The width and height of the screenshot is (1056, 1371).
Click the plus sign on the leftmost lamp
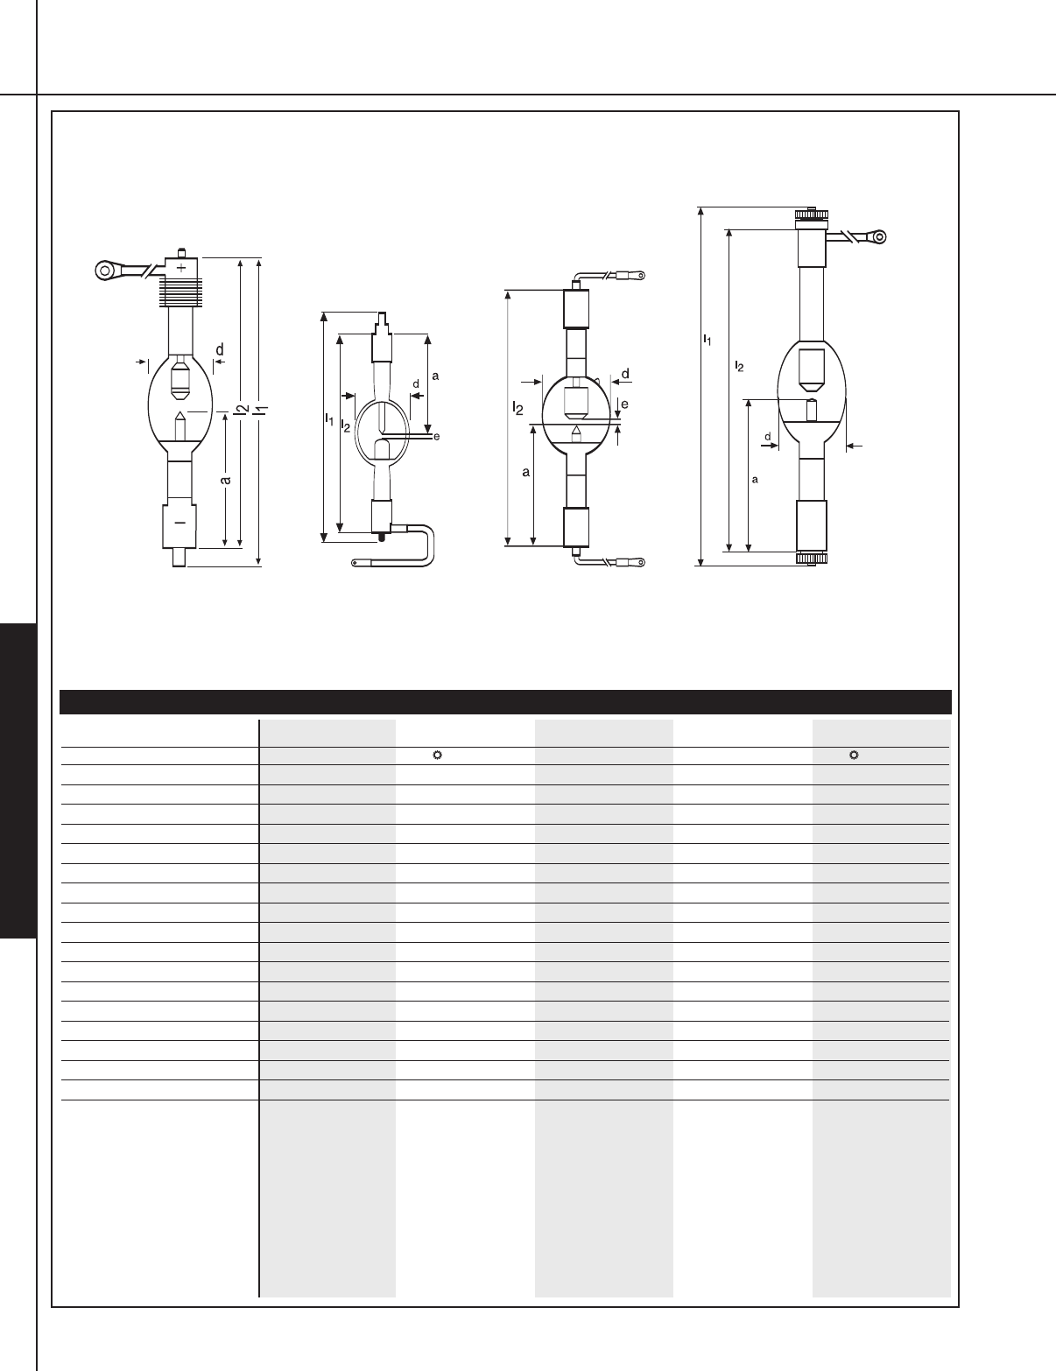pyautogui.click(x=181, y=268)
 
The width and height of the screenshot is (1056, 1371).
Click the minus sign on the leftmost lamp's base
pyautogui.click(x=180, y=523)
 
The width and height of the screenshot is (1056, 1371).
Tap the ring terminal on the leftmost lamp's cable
pyautogui.click(x=105, y=271)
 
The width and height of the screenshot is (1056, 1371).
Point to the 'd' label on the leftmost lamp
pyautogui.click(x=220, y=349)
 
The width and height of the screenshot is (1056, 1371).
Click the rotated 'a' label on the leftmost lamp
pyautogui.click(x=225, y=480)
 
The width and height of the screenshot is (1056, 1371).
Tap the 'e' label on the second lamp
pyautogui.click(x=437, y=436)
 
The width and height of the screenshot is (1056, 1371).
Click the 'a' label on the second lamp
pyautogui.click(x=435, y=376)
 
